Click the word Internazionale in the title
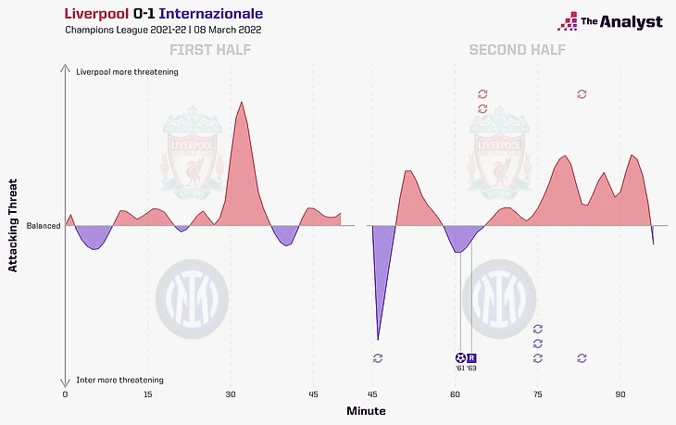pyautogui.click(x=210, y=15)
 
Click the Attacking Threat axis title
pyautogui.click(x=13, y=226)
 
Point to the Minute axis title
pyautogui.click(x=366, y=410)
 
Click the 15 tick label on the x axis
pyautogui.click(x=147, y=394)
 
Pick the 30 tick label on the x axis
pyautogui.click(x=231, y=394)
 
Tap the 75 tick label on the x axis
pyautogui.click(x=538, y=394)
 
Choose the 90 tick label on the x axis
pyautogui.click(x=621, y=394)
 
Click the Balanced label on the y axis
pyautogui.click(x=44, y=226)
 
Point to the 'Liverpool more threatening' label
pyautogui.click(x=128, y=71)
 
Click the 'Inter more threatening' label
pyautogui.click(x=120, y=380)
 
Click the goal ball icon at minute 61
pyautogui.click(x=460, y=357)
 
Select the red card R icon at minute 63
pyautogui.click(x=471, y=357)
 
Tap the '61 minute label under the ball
pyautogui.click(x=460, y=369)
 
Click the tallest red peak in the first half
pyautogui.click(x=242, y=102)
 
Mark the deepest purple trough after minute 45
pyautogui.click(x=378, y=338)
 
